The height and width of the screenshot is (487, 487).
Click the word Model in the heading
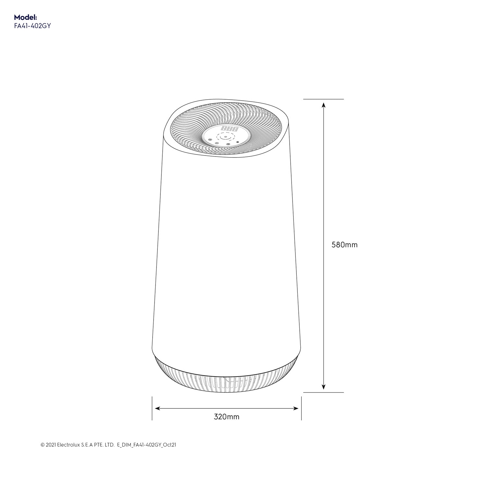pos(25,18)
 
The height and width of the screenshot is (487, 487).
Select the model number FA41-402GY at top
pos(32,26)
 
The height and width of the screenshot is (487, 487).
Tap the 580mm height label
pos(344,245)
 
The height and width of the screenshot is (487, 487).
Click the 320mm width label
pos(226,417)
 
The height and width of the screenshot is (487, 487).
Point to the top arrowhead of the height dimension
pos(323,105)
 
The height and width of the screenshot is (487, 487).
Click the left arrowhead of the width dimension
pos(157,408)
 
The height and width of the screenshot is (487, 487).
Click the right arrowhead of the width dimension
pos(296,408)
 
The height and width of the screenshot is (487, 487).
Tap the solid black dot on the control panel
pos(238,142)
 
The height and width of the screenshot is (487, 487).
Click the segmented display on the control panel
pos(230,129)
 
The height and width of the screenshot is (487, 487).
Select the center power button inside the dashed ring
pos(225,137)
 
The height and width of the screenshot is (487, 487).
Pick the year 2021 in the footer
pos(51,445)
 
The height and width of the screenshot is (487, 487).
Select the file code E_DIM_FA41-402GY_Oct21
pos(146,445)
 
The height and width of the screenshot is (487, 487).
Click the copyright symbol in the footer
pos(43,445)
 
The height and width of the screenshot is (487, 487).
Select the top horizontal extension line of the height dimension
pos(323,99)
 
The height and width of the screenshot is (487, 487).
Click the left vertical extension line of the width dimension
pos(152,408)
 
